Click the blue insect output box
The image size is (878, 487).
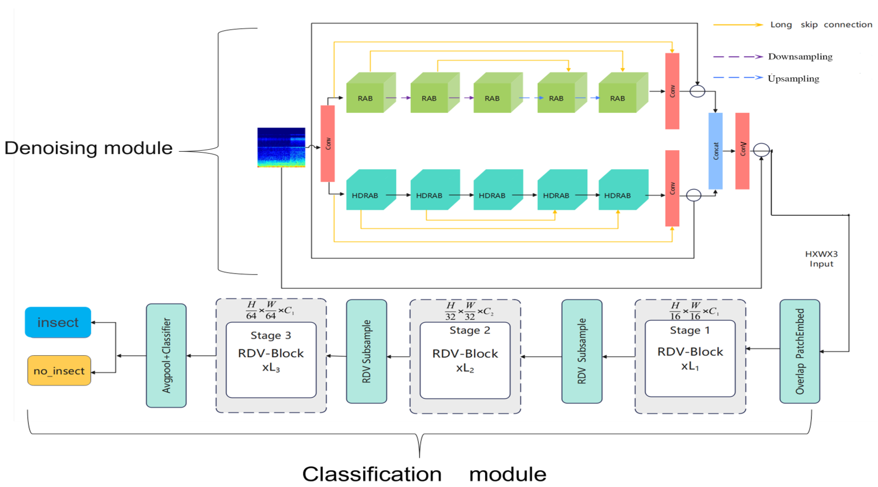[x=58, y=322]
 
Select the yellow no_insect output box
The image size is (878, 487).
[x=59, y=370]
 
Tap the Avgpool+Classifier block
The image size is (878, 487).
[x=166, y=355]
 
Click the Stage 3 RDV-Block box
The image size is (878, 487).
[x=271, y=360]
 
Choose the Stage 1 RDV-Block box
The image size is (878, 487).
[x=690, y=358]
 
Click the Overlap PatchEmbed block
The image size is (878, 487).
[x=800, y=351]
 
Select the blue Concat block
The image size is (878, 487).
[x=715, y=151]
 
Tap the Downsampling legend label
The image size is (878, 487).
[x=800, y=56]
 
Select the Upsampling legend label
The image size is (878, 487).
[x=793, y=79]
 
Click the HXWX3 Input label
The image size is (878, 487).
[x=821, y=259]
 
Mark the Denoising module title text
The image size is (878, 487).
[x=89, y=148]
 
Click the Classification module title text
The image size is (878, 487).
[x=424, y=474]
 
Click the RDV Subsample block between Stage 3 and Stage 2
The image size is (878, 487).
[x=366, y=351]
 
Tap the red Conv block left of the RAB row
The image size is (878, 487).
[x=328, y=143]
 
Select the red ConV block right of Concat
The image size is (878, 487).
[x=742, y=151]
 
